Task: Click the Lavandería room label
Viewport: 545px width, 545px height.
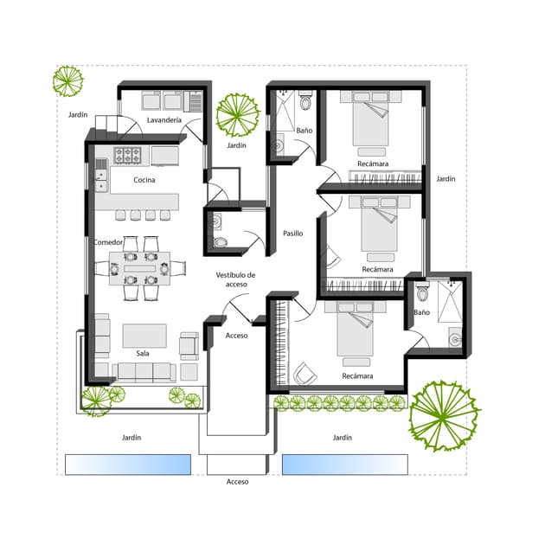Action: (x=164, y=120)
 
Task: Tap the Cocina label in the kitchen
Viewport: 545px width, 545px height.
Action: (x=144, y=180)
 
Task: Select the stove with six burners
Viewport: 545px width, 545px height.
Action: (x=127, y=155)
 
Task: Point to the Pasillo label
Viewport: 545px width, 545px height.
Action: (x=292, y=234)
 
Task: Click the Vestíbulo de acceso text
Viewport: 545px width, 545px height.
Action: (x=235, y=279)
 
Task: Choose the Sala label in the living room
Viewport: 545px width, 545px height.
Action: (x=143, y=353)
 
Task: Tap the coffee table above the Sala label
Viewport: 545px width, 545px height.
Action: (x=144, y=336)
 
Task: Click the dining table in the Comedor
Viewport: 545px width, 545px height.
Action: (x=140, y=268)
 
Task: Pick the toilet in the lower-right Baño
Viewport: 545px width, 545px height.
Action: (x=422, y=292)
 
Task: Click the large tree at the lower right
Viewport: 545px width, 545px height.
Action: (x=444, y=415)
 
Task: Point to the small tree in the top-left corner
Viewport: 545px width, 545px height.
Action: (x=67, y=81)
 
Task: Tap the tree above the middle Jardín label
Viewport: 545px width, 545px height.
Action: (x=238, y=115)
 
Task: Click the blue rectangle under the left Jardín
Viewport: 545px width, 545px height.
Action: (x=128, y=465)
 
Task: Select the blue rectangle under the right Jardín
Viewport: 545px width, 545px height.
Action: (x=345, y=465)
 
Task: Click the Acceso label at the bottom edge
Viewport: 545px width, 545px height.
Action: (x=237, y=482)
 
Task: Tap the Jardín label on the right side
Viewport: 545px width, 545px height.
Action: (x=446, y=179)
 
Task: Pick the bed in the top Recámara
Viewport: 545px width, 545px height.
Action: (x=370, y=119)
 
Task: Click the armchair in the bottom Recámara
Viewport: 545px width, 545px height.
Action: (x=305, y=374)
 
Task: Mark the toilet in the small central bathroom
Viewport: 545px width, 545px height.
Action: (x=220, y=242)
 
